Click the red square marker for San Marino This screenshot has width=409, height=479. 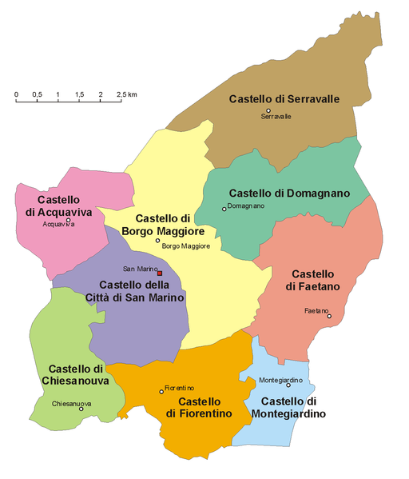click(x=160, y=273)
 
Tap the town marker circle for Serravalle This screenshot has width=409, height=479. click(x=268, y=110)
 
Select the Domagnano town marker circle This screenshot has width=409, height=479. click(x=224, y=210)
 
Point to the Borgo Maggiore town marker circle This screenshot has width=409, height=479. click(x=157, y=241)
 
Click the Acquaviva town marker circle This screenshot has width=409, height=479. click(x=69, y=220)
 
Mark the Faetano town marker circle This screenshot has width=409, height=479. click(x=329, y=316)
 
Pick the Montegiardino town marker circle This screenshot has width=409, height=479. click(x=288, y=385)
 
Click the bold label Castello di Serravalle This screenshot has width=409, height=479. click(x=284, y=99)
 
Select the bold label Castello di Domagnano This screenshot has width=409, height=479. click(x=289, y=194)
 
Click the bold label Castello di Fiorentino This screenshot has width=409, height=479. click(x=199, y=407)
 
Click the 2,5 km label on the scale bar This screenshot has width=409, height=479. click(x=127, y=94)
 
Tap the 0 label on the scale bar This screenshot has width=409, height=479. click(x=16, y=94)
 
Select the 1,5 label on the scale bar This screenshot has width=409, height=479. click(x=79, y=94)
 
